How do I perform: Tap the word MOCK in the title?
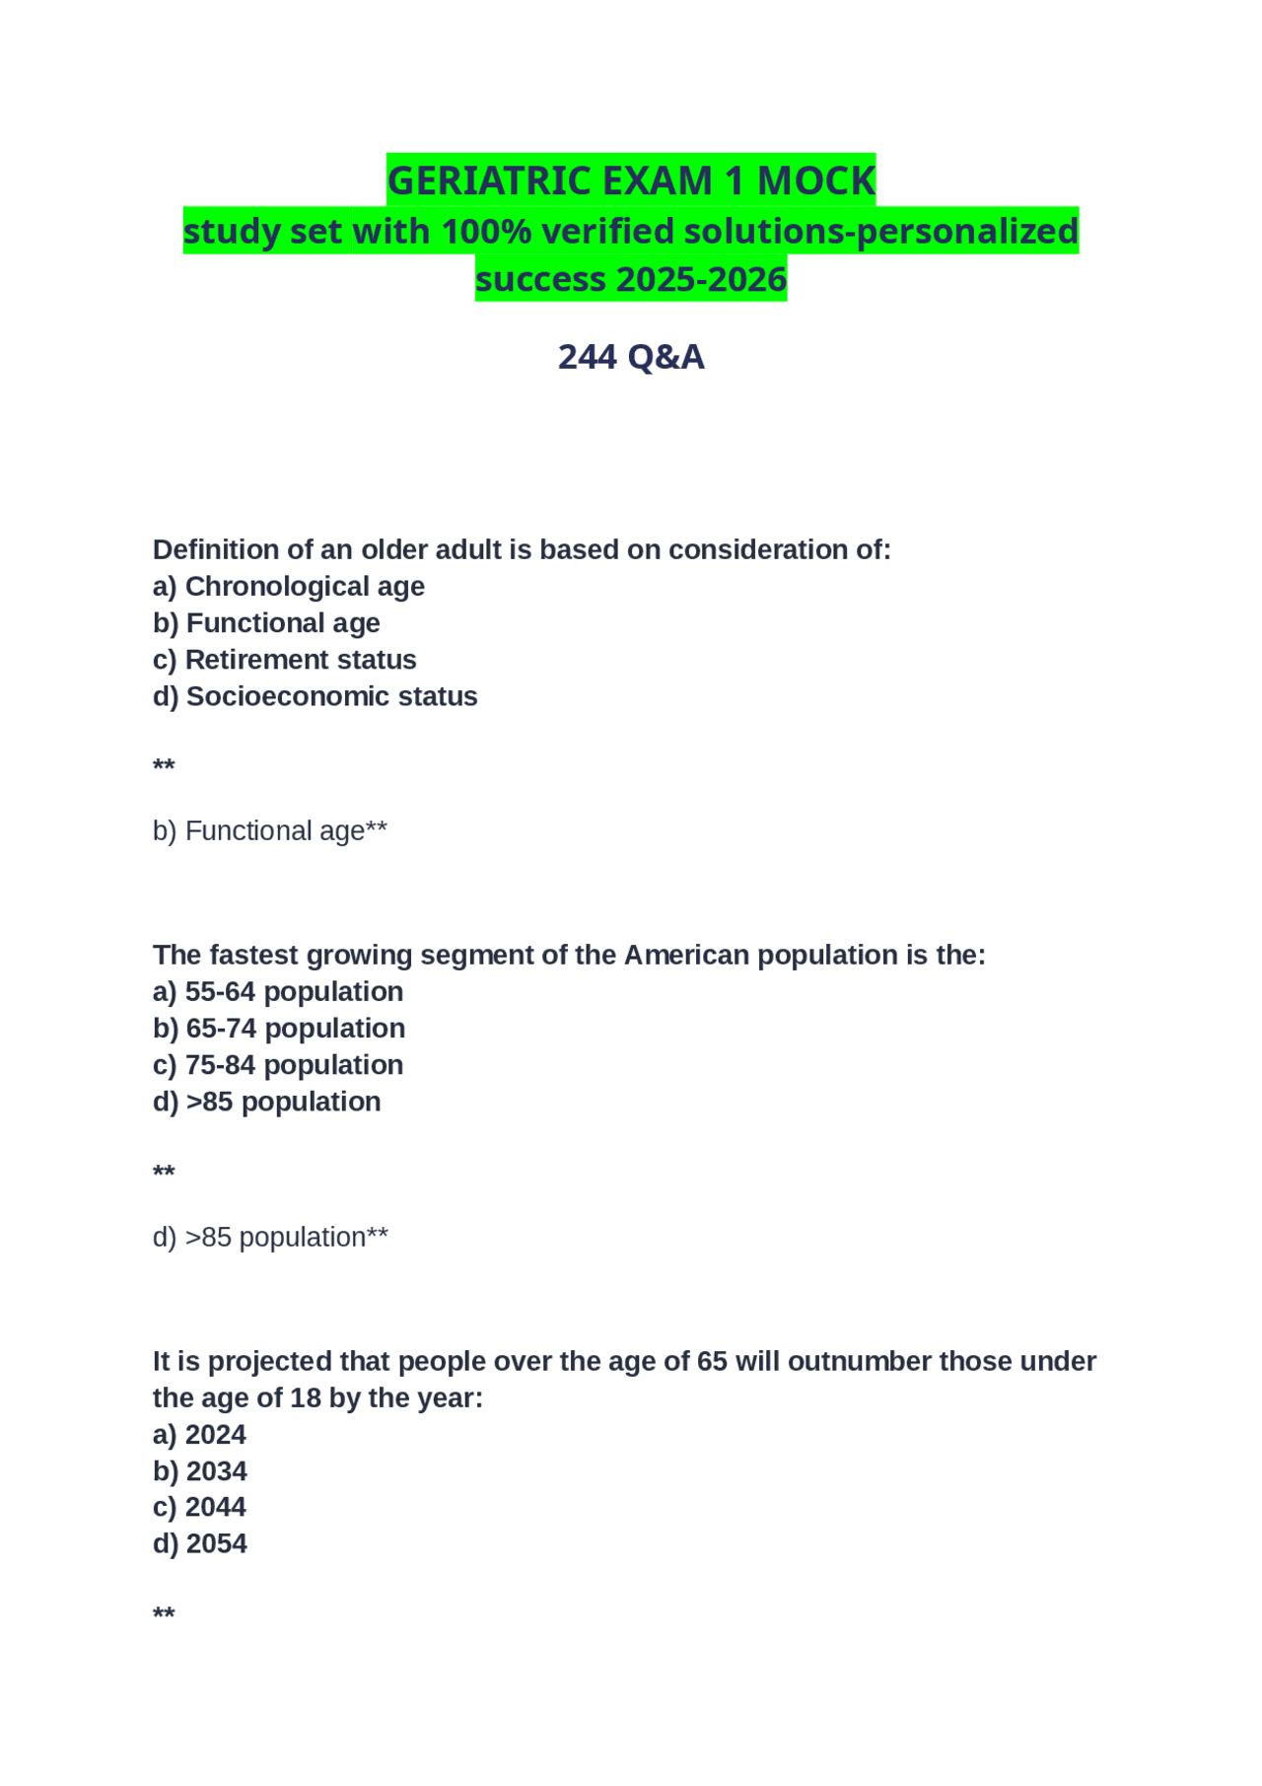point(815,181)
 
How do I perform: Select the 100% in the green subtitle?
point(487,232)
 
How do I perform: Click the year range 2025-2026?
point(701,280)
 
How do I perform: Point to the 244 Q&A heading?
point(631,357)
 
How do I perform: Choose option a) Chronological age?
point(288,587)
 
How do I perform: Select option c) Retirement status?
point(284,660)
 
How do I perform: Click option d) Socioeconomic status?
point(315,696)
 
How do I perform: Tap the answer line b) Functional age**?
point(269,831)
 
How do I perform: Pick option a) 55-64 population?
point(277,992)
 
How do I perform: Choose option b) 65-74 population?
point(278,1029)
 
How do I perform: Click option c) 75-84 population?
point(277,1065)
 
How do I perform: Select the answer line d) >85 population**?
point(270,1238)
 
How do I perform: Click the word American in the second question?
point(686,956)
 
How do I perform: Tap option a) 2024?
point(199,1435)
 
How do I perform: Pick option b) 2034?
point(199,1471)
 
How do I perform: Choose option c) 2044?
point(199,1507)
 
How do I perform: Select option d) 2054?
point(199,1543)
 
